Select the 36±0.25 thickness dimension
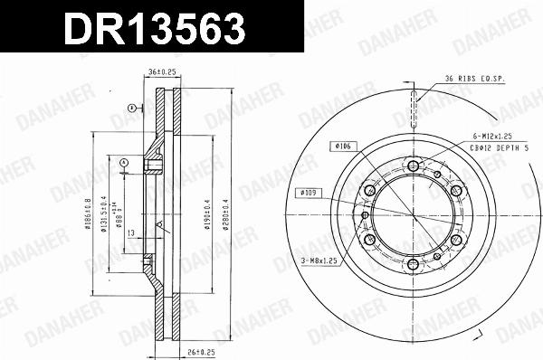click(162, 77)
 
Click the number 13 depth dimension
click(132, 232)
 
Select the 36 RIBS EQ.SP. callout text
click(474, 79)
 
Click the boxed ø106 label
click(341, 146)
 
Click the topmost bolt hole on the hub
click(414, 166)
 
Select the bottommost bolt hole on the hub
click(414, 264)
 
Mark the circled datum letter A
click(132, 108)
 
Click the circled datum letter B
click(124, 164)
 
